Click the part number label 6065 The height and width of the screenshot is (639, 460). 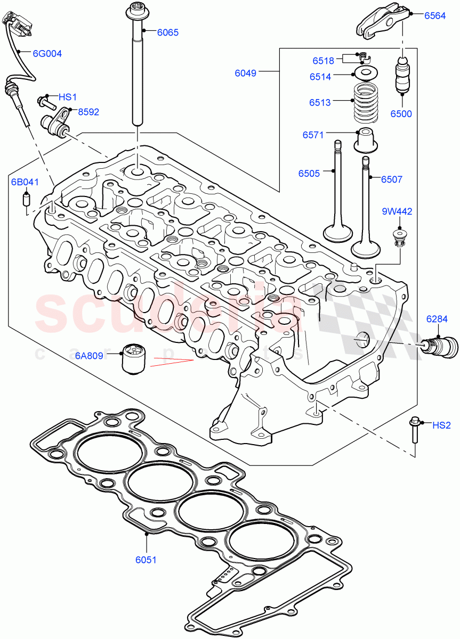pos(167,32)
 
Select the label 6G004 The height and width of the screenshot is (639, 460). pos(47,53)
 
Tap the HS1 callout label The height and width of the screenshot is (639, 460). pos(68,97)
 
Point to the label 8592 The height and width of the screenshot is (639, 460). pos(88,112)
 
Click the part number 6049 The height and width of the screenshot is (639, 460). pos(246,73)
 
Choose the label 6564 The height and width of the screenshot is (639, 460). pos(434,16)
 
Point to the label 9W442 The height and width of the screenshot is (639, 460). pos(397,211)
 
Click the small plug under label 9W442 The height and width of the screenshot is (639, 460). pos(398,237)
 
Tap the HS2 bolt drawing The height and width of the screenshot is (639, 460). pos(414,431)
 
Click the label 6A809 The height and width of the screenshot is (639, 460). pos(88,356)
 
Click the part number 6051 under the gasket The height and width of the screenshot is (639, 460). pos(146,560)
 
